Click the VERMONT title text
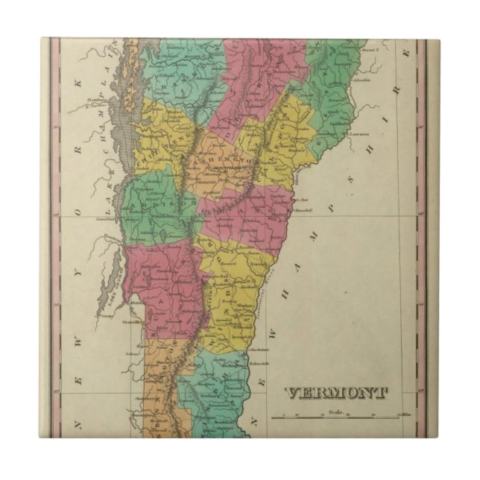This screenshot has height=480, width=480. (337, 393)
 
